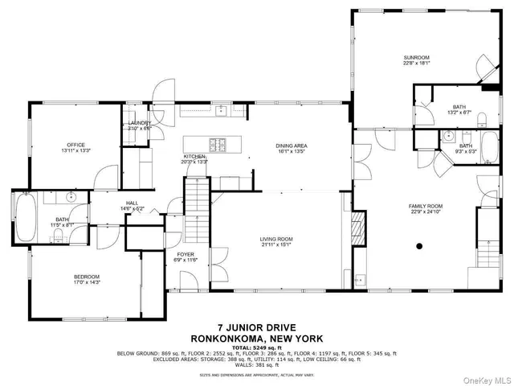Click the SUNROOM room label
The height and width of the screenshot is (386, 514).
[417, 57]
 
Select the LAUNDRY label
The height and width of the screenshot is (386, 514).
[139, 123]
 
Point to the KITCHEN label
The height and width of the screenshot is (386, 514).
[195, 156]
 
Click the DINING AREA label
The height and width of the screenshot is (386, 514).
[292, 146]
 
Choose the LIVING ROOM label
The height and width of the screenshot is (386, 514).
[275, 239]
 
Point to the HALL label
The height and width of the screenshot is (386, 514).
[132, 203]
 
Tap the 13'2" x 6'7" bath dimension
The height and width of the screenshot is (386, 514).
[459, 112]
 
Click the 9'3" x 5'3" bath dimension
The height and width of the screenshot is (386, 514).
[466, 151]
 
